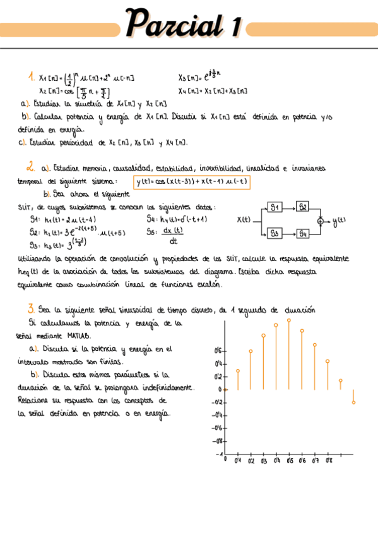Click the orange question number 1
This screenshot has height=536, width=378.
(31, 77)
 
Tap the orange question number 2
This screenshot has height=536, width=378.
(30, 167)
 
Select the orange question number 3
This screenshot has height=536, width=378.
(30, 308)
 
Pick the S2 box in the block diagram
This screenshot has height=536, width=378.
(303, 207)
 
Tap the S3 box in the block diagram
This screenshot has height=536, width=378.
(275, 233)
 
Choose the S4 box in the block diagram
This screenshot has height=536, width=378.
(303, 233)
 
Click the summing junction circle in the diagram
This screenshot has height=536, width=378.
(320, 221)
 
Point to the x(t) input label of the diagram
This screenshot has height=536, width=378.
(244, 221)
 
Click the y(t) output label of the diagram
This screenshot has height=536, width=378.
(339, 221)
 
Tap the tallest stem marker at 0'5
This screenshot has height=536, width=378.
(289, 320)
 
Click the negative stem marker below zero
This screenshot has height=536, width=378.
(354, 402)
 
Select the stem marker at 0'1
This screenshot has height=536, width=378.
(237, 371)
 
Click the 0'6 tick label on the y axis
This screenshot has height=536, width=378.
(218, 350)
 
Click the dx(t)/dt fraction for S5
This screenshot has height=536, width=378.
(173, 236)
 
